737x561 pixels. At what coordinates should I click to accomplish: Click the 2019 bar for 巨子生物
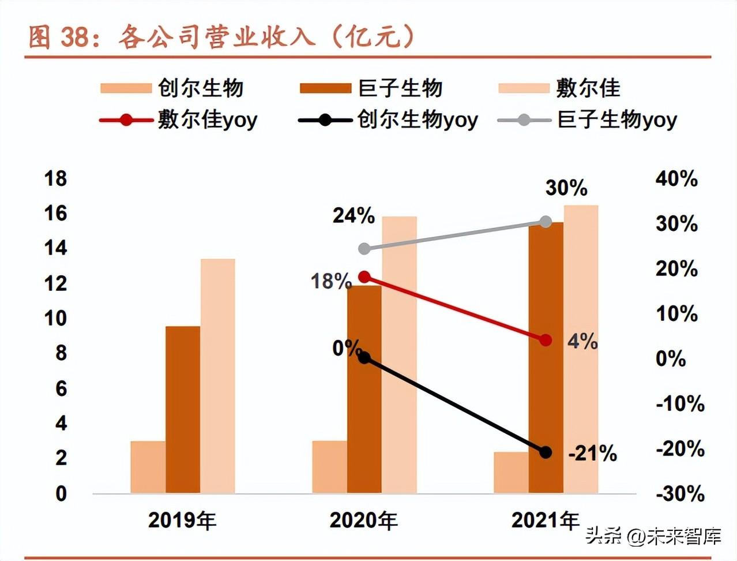click(x=183, y=410)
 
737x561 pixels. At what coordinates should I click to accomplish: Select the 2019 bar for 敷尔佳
click(x=217, y=376)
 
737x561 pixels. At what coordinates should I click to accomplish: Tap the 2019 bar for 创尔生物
click(x=148, y=467)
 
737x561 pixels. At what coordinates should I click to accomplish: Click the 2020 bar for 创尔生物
click(x=329, y=467)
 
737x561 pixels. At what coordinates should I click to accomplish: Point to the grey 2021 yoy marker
click(x=546, y=222)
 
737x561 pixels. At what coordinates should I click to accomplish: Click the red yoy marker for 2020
click(x=364, y=277)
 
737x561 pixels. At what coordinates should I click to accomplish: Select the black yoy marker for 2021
click(x=546, y=452)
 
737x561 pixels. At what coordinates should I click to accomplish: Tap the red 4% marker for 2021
click(x=546, y=340)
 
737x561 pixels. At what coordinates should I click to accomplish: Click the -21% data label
click(x=592, y=454)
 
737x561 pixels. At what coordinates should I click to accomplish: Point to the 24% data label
click(x=354, y=215)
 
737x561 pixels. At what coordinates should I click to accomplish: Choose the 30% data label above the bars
click(x=566, y=188)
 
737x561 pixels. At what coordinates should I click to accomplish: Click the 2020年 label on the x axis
click(x=363, y=521)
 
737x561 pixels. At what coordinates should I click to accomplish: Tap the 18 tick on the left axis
click(x=56, y=178)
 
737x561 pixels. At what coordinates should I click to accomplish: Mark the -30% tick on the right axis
click(x=680, y=493)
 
